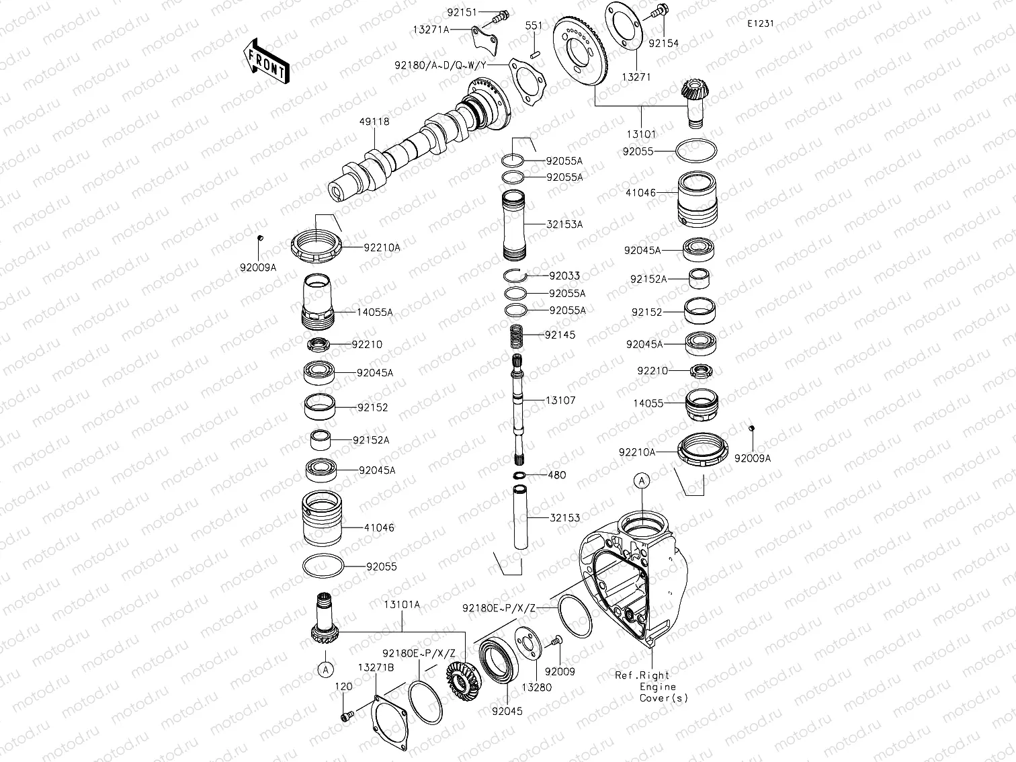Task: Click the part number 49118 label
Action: (x=374, y=122)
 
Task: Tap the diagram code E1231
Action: (x=760, y=24)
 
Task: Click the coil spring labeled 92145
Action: (x=518, y=334)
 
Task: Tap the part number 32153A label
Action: (x=565, y=224)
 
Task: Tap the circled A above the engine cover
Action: (x=642, y=480)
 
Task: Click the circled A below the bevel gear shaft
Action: (x=325, y=669)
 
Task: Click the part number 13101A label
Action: (x=402, y=605)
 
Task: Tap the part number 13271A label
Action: (x=431, y=30)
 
